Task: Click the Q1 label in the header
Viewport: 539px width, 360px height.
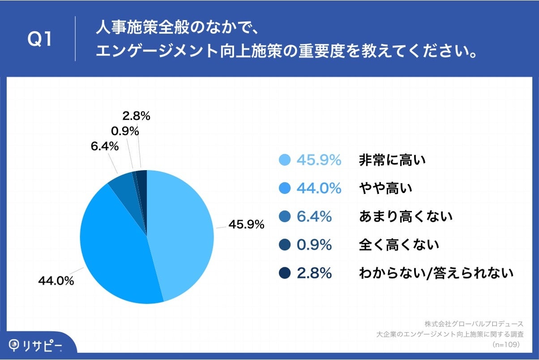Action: [x=40, y=39]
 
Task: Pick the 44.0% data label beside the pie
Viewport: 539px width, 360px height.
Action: [x=56, y=281]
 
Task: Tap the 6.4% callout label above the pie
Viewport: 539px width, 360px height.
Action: [x=104, y=146]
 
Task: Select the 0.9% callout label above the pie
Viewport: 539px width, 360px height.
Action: [x=124, y=131]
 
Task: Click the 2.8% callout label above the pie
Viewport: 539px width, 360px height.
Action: [x=136, y=116]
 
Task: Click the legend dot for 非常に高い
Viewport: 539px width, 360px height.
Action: [x=285, y=160]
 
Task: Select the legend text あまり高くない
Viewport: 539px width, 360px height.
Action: [x=405, y=217]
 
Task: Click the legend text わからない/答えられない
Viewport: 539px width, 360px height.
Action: [x=436, y=273]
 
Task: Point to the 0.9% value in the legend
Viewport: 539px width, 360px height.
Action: [x=314, y=245]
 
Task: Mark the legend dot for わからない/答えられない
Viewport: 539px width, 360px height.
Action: [x=285, y=273]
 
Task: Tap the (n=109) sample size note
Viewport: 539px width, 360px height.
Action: [x=505, y=345]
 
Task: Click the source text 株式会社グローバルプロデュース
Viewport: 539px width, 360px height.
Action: [x=474, y=323]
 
